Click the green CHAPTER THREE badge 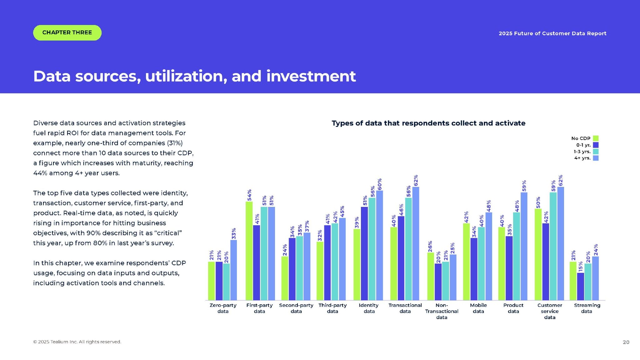pyautogui.click(x=67, y=33)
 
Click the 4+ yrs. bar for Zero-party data pyautogui.click(x=233, y=270)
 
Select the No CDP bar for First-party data pyautogui.click(x=249, y=251)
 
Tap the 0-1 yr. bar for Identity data pyautogui.click(x=364, y=253)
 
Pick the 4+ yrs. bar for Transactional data pyautogui.click(x=416, y=243)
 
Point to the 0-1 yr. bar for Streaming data pyautogui.click(x=580, y=286)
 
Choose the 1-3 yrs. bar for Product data pyautogui.click(x=517, y=256)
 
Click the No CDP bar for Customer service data pyautogui.click(x=538, y=254)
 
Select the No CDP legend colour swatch pyautogui.click(x=596, y=138)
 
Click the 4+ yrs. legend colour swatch pyautogui.click(x=596, y=158)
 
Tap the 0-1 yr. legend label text pyautogui.click(x=583, y=145)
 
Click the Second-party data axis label pyautogui.click(x=296, y=308)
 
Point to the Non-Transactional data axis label pyautogui.click(x=442, y=311)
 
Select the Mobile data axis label pyautogui.click(x=478, y=308)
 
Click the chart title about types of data pyautogui.click(x=428, y=123)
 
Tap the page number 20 pyautogui.click(x=626, y=342)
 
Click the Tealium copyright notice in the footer pyautogui.click(x=77, y=342)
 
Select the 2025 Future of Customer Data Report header pyautogui.click(x=552, y=33)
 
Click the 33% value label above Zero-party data pyautogui.click(x=234, y=233)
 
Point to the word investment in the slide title pyautogui.click(x=311, y=76)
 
